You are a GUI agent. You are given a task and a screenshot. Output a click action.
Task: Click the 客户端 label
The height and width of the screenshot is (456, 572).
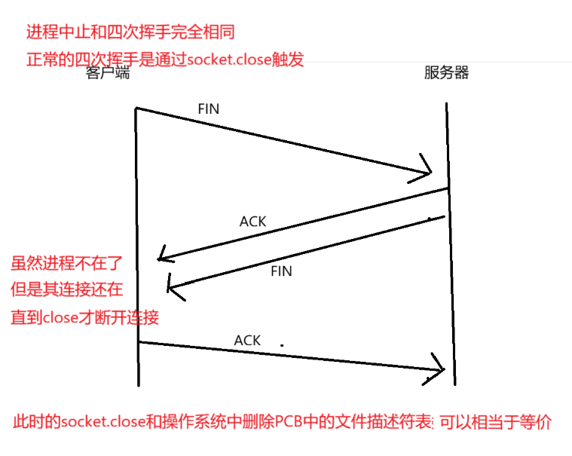108,73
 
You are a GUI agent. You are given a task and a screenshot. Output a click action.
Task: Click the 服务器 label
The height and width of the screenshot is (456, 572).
446,73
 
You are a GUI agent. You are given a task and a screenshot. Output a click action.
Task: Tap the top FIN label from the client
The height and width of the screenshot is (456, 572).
208,109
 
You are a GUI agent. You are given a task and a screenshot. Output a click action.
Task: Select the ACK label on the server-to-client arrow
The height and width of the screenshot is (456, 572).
252,222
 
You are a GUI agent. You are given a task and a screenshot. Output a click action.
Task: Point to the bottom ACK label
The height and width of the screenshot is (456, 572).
247,341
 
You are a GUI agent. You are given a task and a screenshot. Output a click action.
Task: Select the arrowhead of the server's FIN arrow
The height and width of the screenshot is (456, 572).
173,284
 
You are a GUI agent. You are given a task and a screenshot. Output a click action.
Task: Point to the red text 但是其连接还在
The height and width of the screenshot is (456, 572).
66,289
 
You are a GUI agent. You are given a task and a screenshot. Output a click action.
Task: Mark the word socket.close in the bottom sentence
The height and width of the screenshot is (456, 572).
103,422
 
